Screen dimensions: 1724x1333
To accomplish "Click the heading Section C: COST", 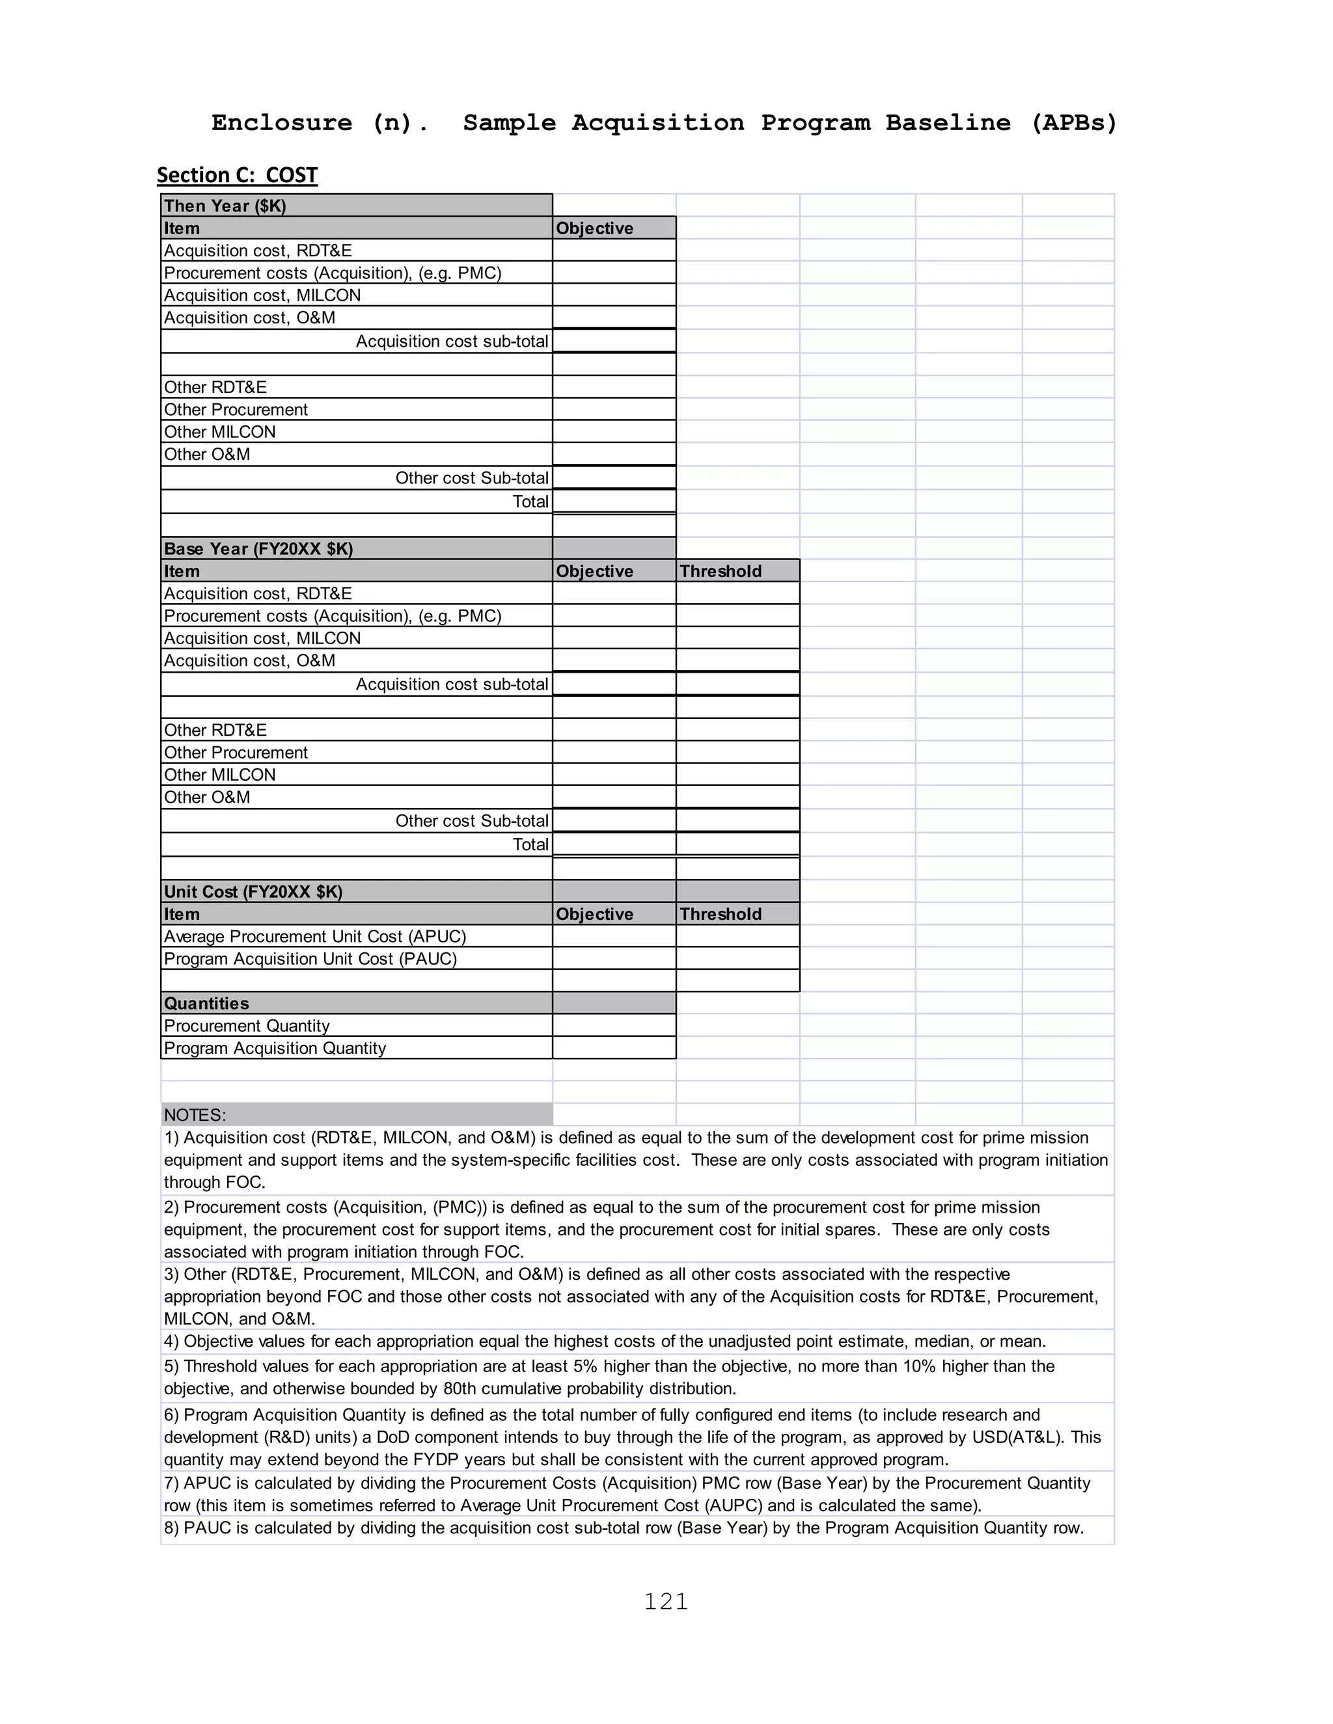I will coord(237,175).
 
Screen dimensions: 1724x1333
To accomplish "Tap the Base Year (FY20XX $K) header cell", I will coord(258,548).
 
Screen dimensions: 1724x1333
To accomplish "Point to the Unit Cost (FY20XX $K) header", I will coord(253,892).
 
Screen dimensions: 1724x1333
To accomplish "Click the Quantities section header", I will coord(206,1003).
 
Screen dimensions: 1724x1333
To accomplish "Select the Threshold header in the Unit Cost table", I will coord(721,914).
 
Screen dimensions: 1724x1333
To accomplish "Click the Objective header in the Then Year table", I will coord(595,228).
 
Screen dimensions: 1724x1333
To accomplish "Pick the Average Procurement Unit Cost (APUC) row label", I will coord(315,936).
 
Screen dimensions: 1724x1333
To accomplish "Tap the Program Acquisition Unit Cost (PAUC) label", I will coord(310,958).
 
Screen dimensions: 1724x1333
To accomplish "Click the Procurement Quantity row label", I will coord(247,1025).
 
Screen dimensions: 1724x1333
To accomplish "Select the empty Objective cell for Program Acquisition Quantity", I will coord(614,1047).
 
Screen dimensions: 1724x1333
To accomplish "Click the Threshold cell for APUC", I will coord(737,936).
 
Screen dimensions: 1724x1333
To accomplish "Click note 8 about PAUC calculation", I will coord(623,1528).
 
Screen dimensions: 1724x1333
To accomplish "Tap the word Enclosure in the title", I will coord(281,123).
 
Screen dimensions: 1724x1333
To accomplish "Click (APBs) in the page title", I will coord(1074,123).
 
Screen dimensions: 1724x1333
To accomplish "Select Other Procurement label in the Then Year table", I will coord(236,410).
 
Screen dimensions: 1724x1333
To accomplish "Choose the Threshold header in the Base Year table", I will coord(721,571).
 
